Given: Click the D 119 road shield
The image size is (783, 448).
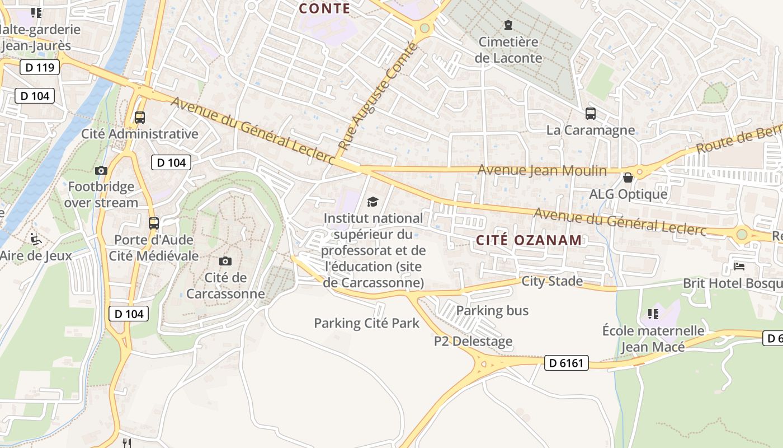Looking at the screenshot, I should tap(39, 68).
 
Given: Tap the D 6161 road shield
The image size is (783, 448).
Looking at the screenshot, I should tap(566, 363).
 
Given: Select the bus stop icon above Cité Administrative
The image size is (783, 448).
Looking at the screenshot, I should tap(140, 118).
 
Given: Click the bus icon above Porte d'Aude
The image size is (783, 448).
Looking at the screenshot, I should tap(154, 223).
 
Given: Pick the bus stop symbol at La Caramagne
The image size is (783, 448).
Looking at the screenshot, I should tap(591, 114).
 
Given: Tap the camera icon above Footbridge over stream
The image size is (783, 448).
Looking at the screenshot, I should tap(101, 170).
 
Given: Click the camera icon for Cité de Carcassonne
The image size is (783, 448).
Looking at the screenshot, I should tap(225, 261).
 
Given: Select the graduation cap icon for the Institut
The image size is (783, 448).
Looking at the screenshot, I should tap(373, 202).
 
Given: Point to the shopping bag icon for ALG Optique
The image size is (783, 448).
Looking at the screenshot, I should tap(628, 178).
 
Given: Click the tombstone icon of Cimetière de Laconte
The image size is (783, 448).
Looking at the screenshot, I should tap(508, 25).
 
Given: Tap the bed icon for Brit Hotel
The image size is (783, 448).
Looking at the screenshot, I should tap(739, 266).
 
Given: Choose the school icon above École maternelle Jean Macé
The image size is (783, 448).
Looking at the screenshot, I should tap(653, 314).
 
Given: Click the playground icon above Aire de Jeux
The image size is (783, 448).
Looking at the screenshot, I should tap(36, 239).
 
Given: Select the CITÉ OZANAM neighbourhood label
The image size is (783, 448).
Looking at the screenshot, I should tap(529, 240).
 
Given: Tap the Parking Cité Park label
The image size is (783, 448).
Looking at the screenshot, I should tap(366, 323).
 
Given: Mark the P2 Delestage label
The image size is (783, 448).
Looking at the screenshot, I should tap(473, 341).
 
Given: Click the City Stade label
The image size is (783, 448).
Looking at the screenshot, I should tap(552, 281).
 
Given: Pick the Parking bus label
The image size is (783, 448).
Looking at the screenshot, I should tap(492, 310).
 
